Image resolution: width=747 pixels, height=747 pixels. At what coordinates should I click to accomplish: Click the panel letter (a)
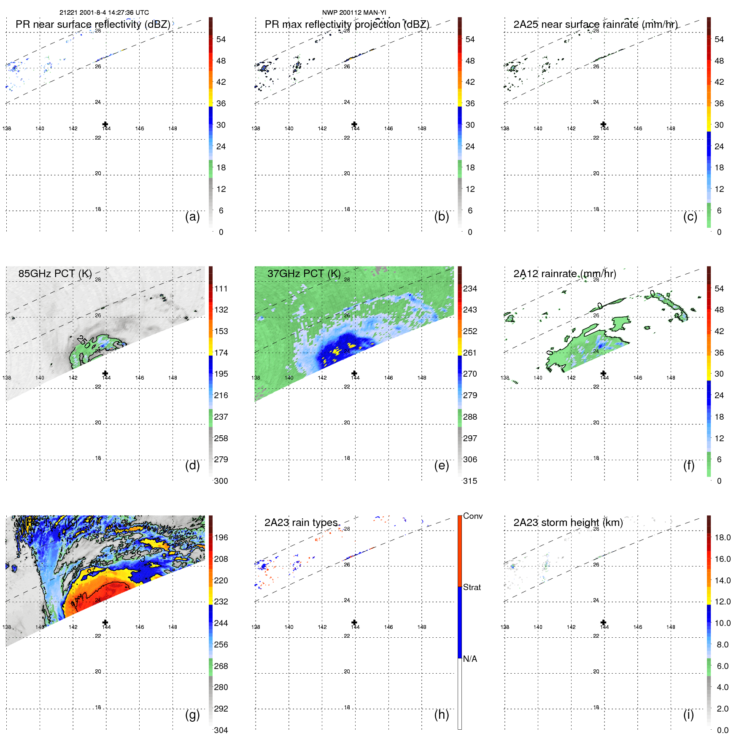click(x=192, y=216)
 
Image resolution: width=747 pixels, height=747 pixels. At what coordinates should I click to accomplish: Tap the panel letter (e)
click(x=441, y=465)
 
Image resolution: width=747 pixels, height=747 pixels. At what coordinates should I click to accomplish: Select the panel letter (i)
click(x=688, y=715)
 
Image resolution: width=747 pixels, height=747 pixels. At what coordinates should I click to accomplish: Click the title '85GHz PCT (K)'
click(x=55, y=273)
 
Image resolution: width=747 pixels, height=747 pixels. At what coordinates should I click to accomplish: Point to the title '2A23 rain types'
click(x=301, y=522)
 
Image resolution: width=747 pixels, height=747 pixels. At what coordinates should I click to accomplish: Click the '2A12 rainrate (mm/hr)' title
click(x=564, y=273)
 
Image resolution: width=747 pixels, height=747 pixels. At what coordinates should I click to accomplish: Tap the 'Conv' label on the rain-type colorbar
click(x=472, y=516)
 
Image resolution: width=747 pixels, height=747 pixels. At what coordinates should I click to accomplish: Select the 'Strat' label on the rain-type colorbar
click(x=472, y=587)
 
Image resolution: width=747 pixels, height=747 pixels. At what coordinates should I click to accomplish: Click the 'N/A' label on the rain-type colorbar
click(x=470, y=659)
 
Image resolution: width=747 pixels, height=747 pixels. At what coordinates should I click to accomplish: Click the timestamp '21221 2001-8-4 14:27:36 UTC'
click(x=104, y=13)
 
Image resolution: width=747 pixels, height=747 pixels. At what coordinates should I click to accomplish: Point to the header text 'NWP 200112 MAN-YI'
click(x=354, y=13)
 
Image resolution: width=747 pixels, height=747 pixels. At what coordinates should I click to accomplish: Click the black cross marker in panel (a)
click(x=105, y=124)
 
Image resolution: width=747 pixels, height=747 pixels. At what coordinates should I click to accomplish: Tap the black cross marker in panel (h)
click(x=354, y=622)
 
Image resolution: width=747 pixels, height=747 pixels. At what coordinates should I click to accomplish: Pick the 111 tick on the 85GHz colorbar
click(x=221, y=289)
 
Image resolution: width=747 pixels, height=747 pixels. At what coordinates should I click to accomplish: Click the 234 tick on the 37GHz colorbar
click(x=470, y=289)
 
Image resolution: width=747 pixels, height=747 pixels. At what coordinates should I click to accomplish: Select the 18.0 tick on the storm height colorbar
click(x=722, y=537)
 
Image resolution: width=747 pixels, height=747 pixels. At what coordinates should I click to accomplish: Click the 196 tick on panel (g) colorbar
click(x=221, y=537)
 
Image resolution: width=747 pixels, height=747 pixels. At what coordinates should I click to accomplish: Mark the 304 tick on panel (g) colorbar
click(x=221, y=730)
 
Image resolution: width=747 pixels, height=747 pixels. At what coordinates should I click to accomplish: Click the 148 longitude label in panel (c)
click(x=671, y=128)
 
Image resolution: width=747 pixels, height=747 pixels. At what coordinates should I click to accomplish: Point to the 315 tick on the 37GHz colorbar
click(x=470, y=481)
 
